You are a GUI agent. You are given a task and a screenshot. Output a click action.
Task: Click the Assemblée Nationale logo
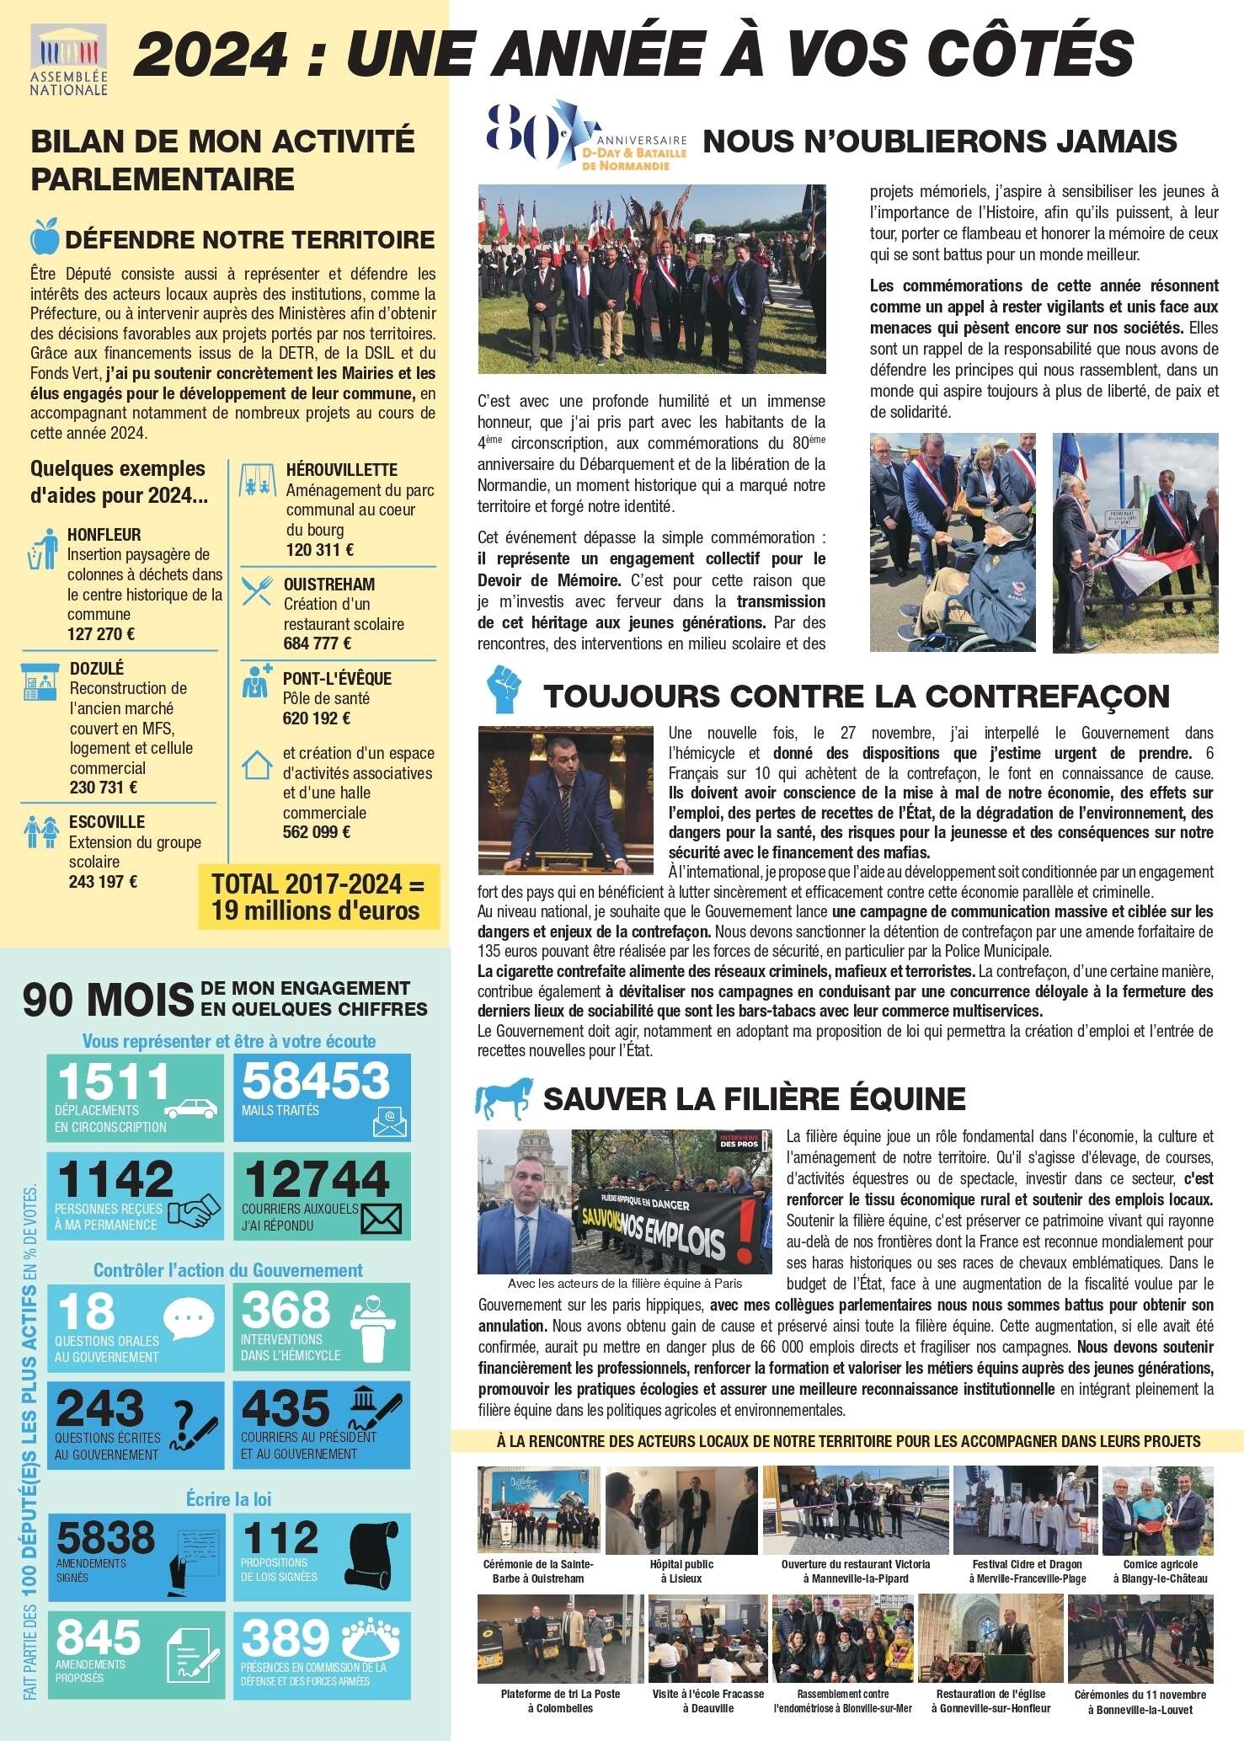[69, 59]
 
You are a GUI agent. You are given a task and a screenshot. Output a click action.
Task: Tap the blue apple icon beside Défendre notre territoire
[44, 238]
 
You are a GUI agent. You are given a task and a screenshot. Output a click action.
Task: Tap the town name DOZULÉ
[97, 668]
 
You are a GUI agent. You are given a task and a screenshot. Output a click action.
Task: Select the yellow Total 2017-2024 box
[318, 896]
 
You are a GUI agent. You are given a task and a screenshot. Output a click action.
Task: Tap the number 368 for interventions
[286, 1311]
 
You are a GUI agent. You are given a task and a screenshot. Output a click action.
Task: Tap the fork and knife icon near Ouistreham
[257, 590]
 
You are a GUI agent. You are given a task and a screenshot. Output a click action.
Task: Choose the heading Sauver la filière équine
[754, 1098]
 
